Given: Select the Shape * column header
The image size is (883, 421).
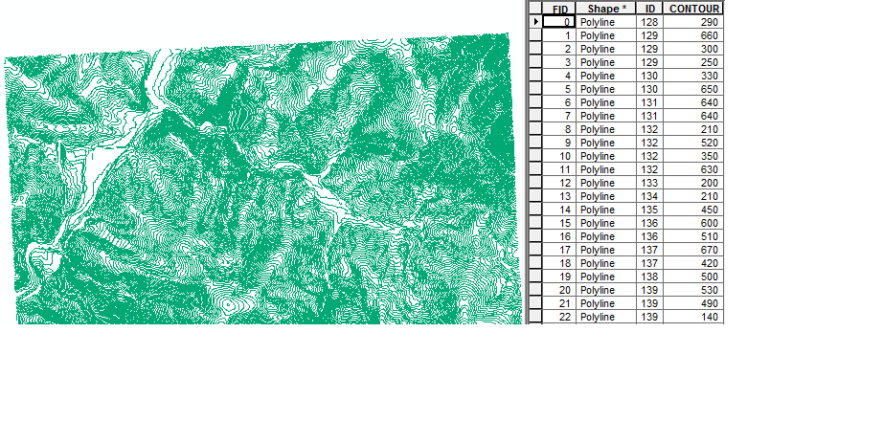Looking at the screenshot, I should pos(606,9).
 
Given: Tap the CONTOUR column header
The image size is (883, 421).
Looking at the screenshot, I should pos(692,9).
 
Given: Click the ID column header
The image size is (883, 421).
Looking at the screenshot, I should pos(649,9).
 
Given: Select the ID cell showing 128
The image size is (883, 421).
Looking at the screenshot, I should pos(649,21).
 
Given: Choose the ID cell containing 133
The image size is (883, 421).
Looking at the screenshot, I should pos(649,182).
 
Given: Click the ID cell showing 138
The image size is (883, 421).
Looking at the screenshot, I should pos(649,276).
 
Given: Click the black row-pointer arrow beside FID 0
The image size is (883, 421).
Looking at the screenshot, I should pos(536,21).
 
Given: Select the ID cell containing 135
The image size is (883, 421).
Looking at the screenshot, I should pos(649,209).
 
